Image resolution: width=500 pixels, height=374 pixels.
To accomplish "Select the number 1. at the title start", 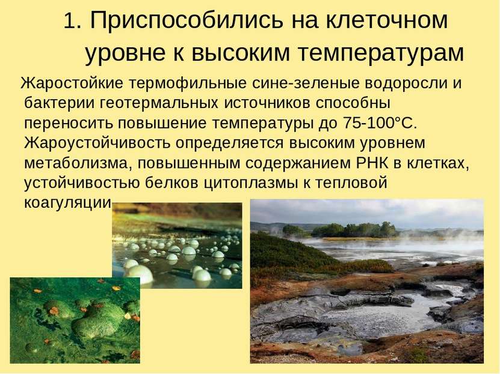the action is click(x=73, y=21).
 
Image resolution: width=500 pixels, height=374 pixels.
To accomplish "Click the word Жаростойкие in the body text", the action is click(x=72, y=83).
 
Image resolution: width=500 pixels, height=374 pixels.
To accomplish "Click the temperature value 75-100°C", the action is click(x=380, y=123).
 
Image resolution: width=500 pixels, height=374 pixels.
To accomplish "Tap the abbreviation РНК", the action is click(x=372, y=163).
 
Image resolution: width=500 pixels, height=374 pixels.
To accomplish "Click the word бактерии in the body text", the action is click(x=60, y=103).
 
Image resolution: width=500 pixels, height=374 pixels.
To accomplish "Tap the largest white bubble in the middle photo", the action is click(x=140, y=273).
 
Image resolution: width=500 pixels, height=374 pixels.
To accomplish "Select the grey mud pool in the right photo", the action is click(x=376, y=314).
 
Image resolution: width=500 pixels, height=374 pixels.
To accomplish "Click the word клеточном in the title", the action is click(x=387, y=20).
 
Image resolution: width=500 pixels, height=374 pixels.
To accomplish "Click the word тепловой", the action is click(x=351, y=183).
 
